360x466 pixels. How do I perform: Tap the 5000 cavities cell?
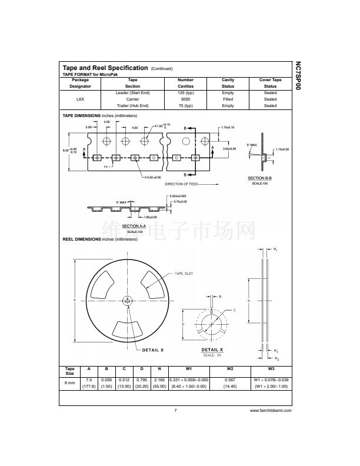click(x=185, y=99)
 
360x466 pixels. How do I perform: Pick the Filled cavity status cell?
click(x=228, y=99)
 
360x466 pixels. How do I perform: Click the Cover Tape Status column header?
click(x=270, y=83)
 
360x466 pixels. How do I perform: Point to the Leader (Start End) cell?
click(x=133, y=93)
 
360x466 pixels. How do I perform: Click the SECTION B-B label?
click(x=259, y=178)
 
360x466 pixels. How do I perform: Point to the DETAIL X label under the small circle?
click(x=212, y=349)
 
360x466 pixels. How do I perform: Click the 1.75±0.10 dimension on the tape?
click(x=227, y=128)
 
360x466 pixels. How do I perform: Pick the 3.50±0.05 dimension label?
click(x=229, y=149)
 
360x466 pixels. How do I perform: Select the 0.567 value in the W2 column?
click(x=230, y=380)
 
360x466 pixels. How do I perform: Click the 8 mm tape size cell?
click(x=70, y=383)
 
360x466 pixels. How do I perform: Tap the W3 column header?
click(x=271, y=370)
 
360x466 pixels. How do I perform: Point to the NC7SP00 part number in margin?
click(x=297, y=76)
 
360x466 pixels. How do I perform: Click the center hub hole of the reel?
click(x=128, y=301)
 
